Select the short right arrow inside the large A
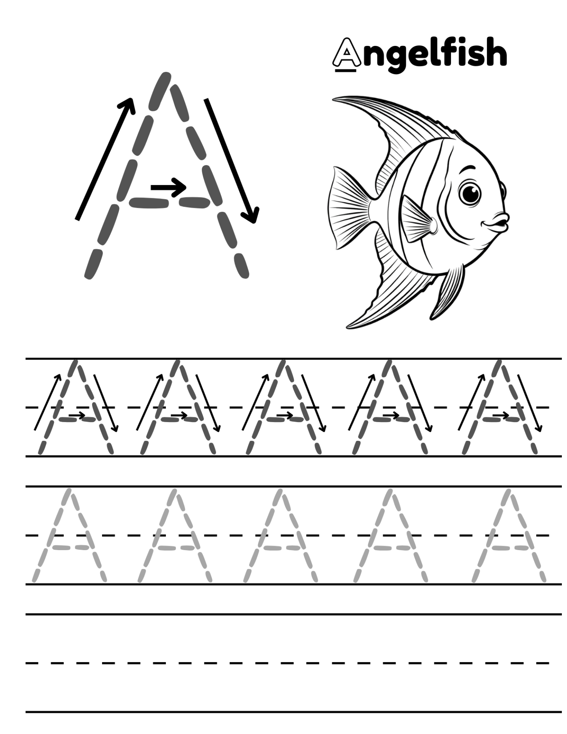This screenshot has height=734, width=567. click(x=168, y=187)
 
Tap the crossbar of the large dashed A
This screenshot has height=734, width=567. click(x=170, y=202)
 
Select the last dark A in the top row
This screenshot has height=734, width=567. click(x=499, y=407)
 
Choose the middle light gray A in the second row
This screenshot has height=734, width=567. click(x=281, y=535)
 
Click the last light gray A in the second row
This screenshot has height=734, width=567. click(x=509, y=535)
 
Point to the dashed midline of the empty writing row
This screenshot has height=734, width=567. click(x=287, y=663)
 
